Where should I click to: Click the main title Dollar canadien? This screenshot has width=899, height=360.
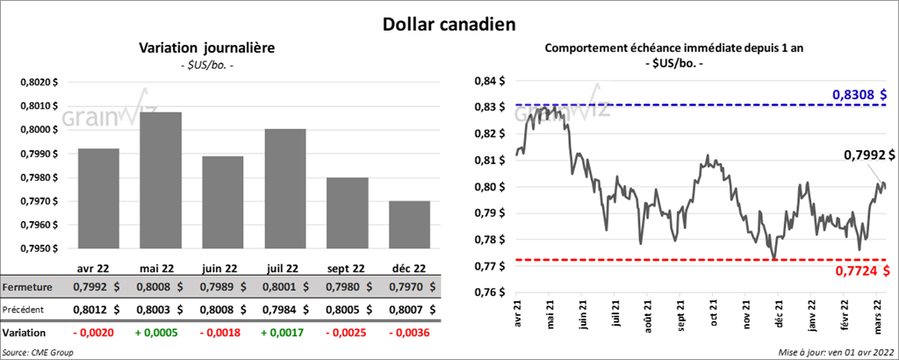click(x=449, y=23)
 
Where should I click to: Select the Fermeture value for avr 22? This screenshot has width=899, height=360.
click(x=97, y=285)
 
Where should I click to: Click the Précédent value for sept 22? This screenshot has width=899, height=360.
click(x=344, y=309)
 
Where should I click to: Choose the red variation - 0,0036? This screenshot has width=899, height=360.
click(x=406, y=334)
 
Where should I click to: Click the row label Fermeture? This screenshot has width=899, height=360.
click(x=26, y=286)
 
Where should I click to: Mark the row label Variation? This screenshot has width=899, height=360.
click(x=25, y=334)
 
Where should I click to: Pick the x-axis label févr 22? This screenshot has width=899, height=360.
click(x=844, y=319)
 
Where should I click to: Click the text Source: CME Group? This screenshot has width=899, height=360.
click(x=38, y=352)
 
